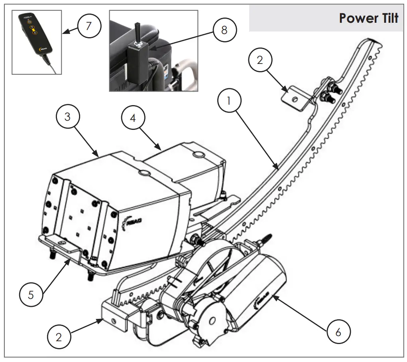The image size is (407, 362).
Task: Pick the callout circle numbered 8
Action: click(224, 30)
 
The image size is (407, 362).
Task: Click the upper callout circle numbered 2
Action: click(260, 61)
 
